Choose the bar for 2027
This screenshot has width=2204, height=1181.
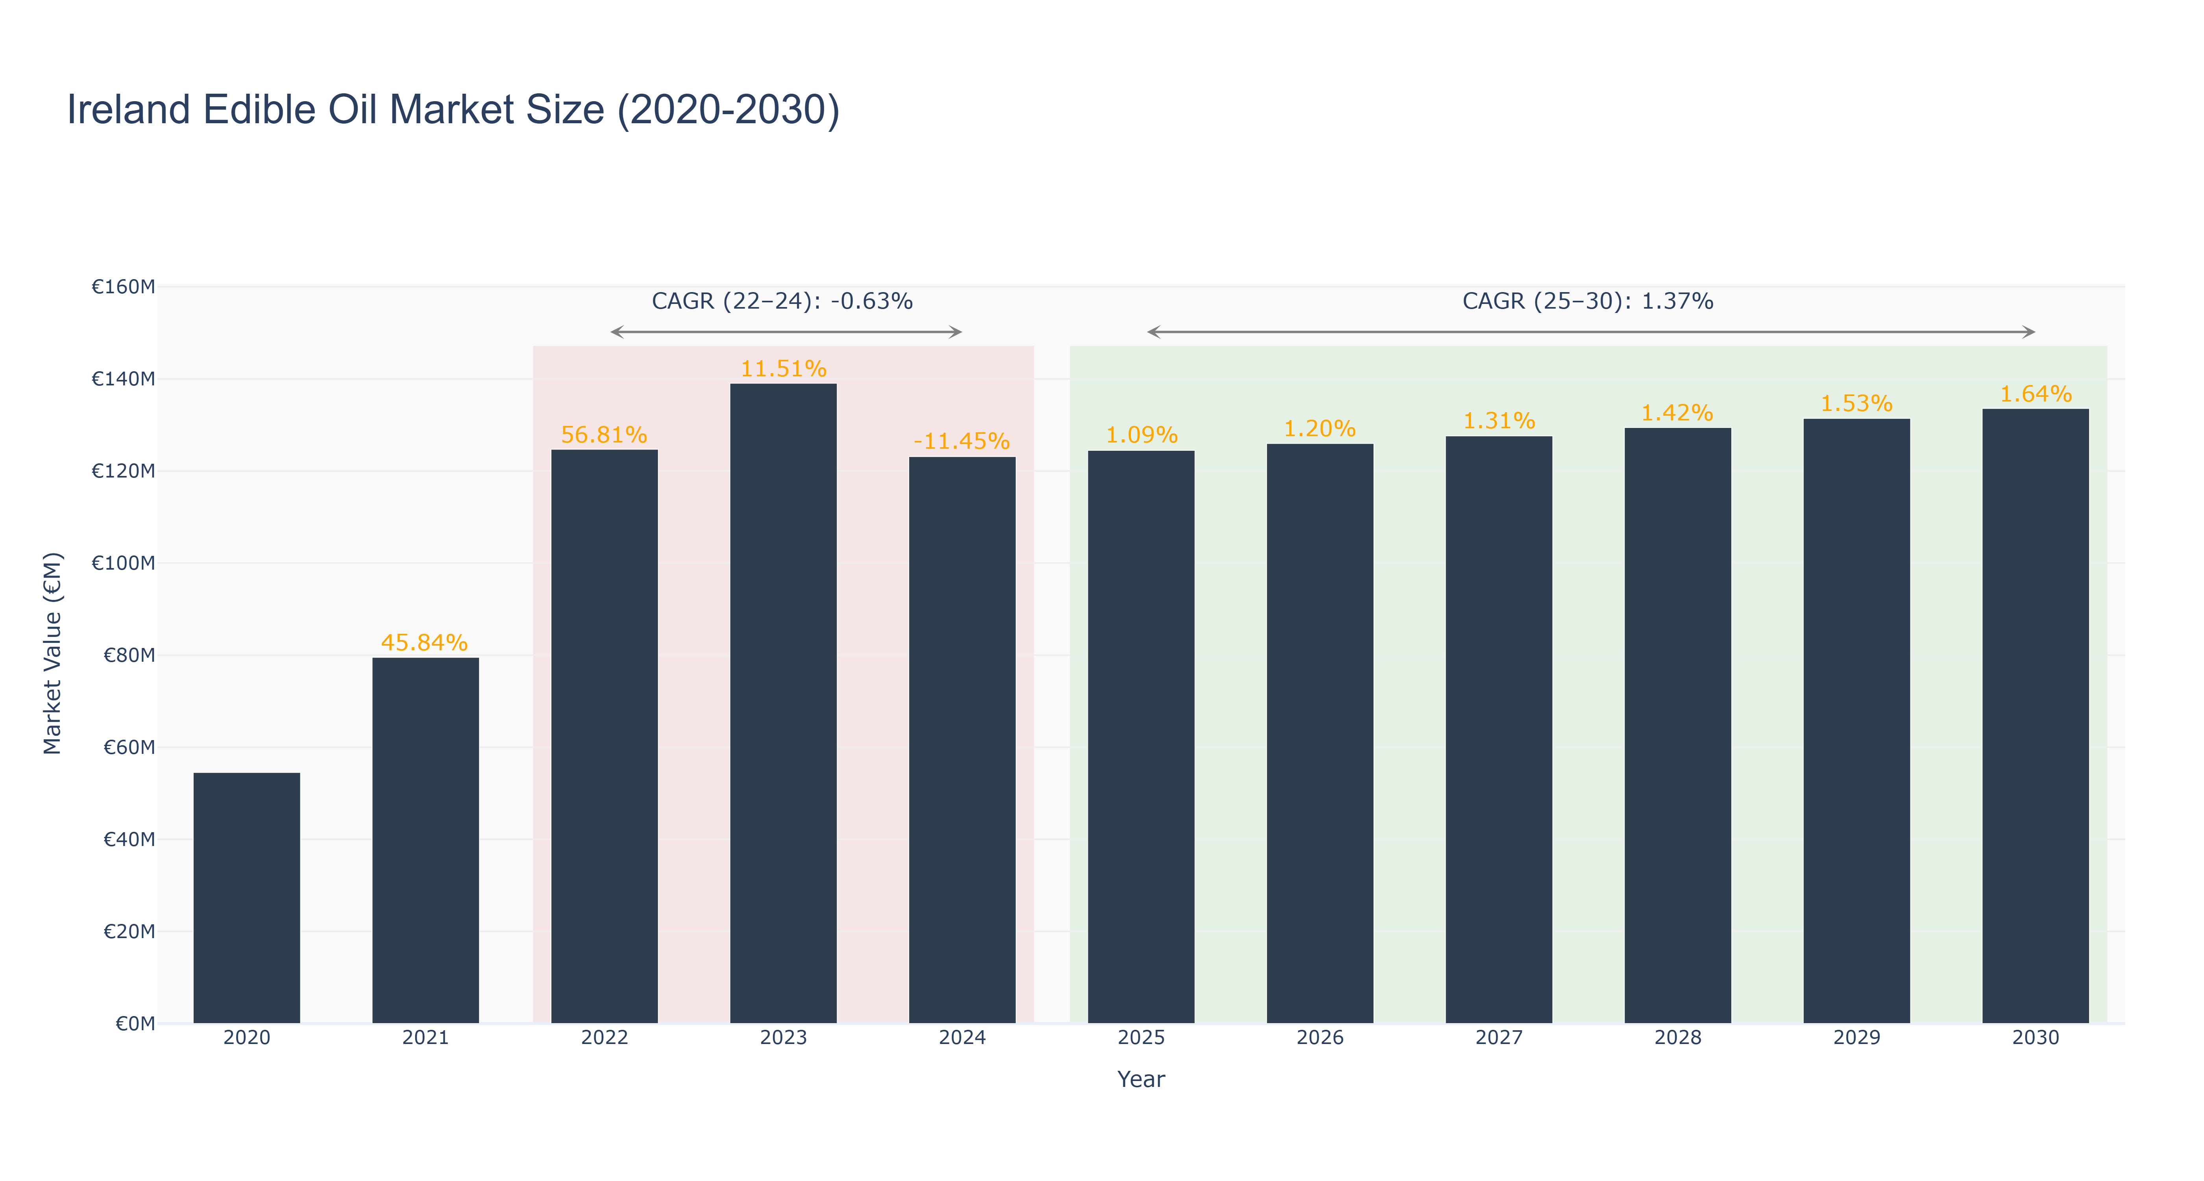(1499, 730)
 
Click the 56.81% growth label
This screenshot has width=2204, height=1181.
(604, 435)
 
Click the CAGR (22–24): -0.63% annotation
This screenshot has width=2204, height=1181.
(782, 301)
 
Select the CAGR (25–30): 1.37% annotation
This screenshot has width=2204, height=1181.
(1588, 301)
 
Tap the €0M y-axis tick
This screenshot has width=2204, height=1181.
(135, 1024)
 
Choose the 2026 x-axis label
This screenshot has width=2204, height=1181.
(1320, 1038)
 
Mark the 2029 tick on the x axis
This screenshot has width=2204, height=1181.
(1856, 1038)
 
